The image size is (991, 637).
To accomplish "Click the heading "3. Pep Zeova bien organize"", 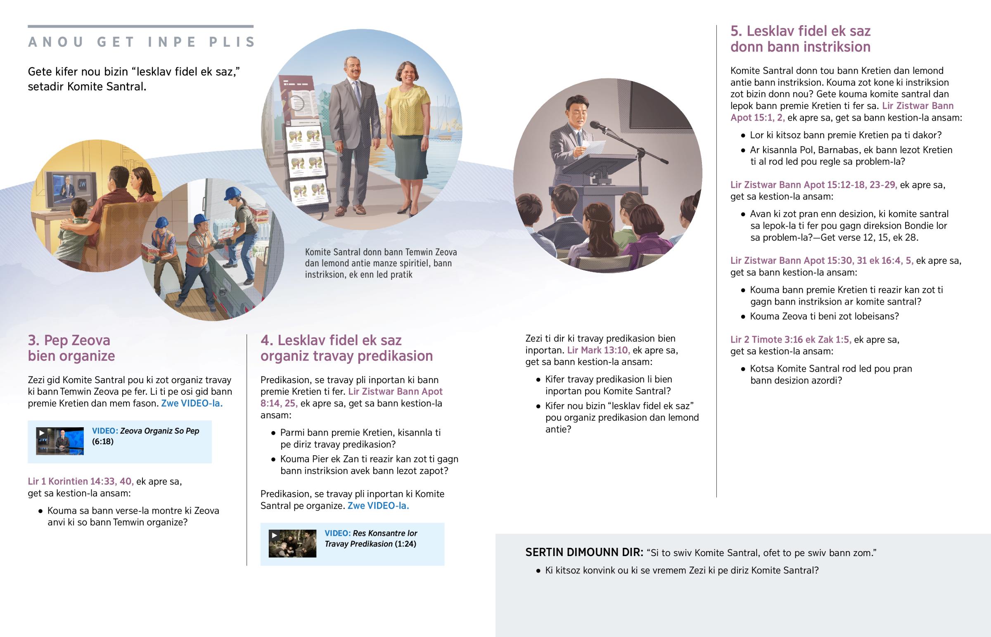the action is [71, 348].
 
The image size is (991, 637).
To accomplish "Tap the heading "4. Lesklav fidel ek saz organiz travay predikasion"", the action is [346, 348].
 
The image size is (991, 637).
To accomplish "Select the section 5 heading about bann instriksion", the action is [800, 39].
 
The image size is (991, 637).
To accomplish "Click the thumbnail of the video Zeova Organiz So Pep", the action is [60, 441].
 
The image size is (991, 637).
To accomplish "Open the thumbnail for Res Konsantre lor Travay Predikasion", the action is [292, 544].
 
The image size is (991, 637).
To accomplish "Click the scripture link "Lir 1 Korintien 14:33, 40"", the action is [81, 481].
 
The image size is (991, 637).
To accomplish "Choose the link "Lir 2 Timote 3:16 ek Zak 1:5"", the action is [791, 340].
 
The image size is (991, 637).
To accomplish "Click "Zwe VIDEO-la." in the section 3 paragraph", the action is [192, 403].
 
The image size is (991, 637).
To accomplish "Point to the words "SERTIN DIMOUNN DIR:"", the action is [584, 552].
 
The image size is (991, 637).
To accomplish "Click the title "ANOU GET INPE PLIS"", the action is [142, 42].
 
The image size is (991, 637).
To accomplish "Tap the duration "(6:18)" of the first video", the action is [102, 441].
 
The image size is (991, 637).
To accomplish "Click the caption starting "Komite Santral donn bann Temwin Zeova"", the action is [381, 263].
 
